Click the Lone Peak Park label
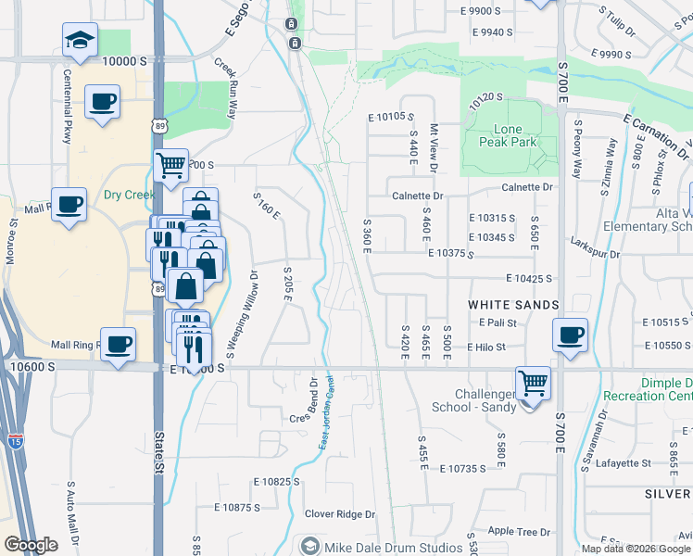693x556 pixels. [x=509, y=135]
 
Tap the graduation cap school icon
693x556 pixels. [x=80, y=40]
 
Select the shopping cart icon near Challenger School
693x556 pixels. [x=533, y=382]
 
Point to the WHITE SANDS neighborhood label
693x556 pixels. [x=513, y=304]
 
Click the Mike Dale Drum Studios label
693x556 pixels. [x=394, y=547]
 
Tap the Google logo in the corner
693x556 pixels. [x=31, y=545]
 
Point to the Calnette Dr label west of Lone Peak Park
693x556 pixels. [x=418, y=196]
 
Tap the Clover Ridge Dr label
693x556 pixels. [x=340, y=514]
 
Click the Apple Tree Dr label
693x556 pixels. [x=519, y=532]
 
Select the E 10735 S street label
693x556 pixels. [x=463, y=470]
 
